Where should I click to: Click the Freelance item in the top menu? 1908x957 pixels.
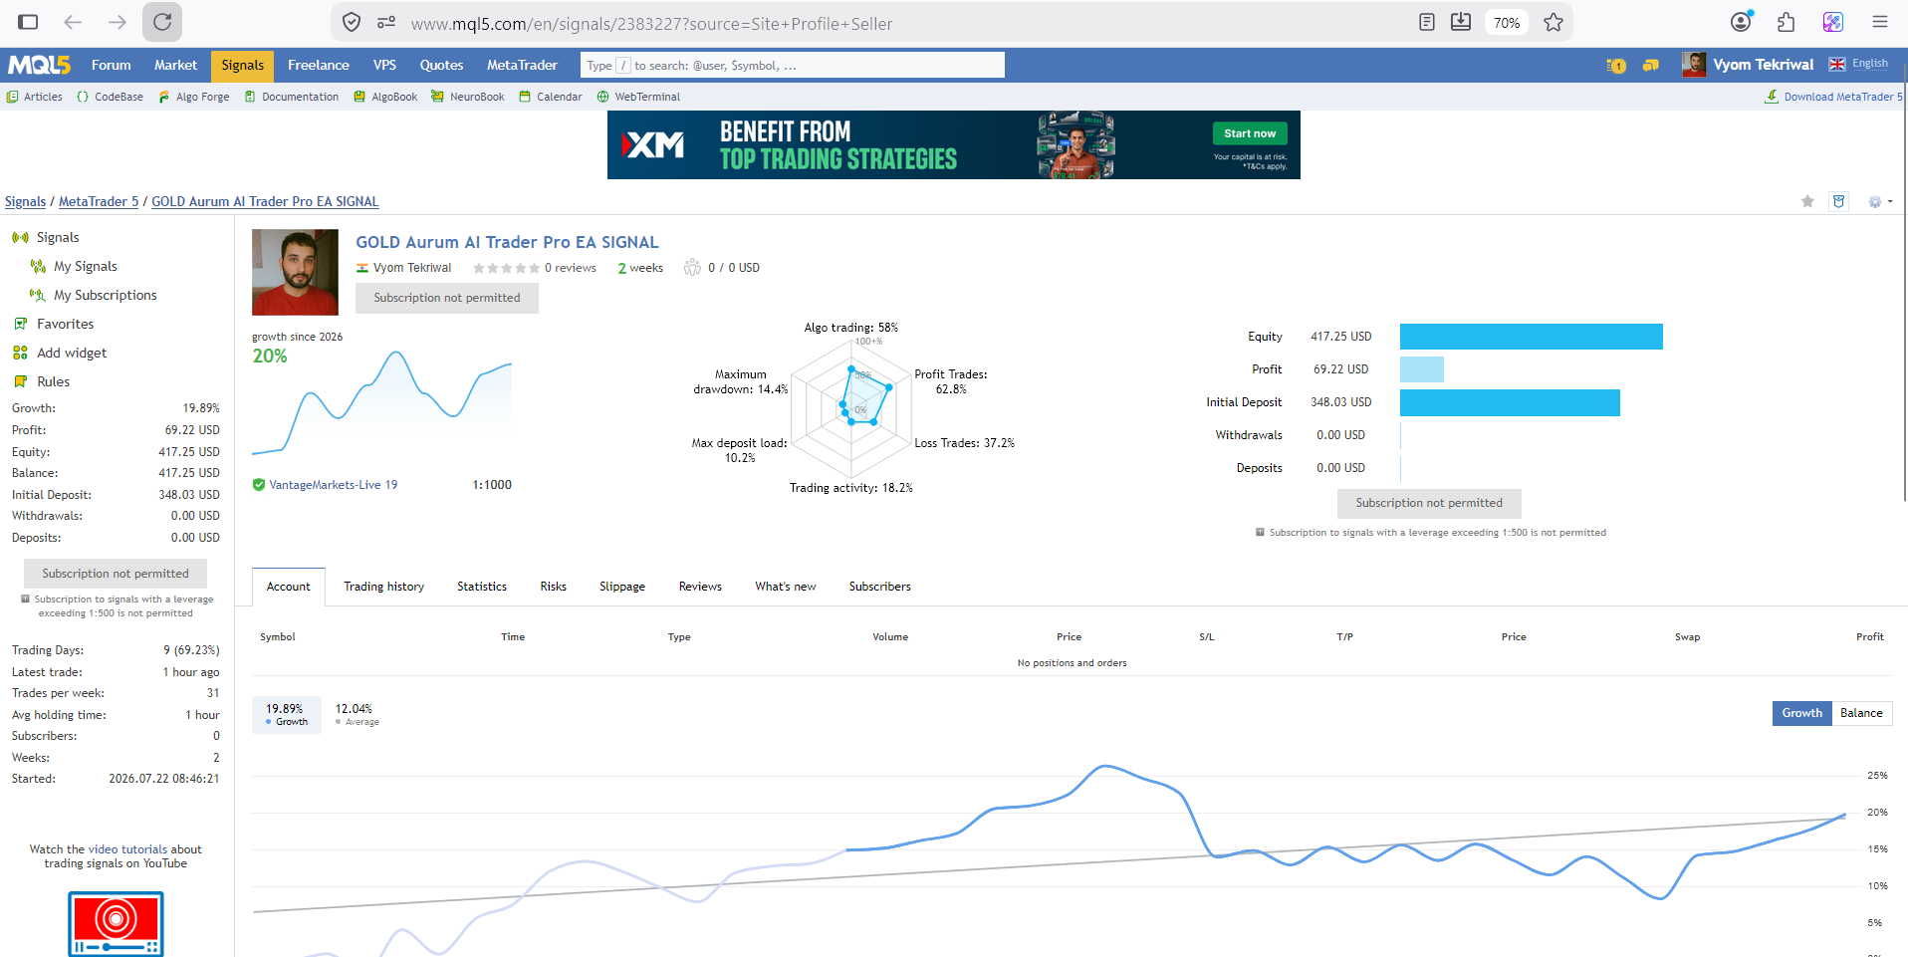(x=318, y=65)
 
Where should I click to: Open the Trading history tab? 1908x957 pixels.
(x=383, y=587)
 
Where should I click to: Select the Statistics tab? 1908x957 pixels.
(x=482, y=587)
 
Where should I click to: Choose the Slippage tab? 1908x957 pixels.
(x=622, y=587)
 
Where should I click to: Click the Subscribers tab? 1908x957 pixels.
(x=879, y=587)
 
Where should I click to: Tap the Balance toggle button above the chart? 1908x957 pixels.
(x=1861, y=713)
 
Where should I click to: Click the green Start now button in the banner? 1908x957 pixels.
(x=1250, y=133)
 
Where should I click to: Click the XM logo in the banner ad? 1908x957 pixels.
(x=653, y=145)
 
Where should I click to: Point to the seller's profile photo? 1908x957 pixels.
(x=295, y=272)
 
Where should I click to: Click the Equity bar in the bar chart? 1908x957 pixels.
(x=1532, y=337)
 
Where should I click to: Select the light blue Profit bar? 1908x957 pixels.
(x=1422, y=369)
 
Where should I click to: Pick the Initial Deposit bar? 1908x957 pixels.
(x=1510, y=402)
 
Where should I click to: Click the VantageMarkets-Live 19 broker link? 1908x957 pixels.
(x=333, y=485)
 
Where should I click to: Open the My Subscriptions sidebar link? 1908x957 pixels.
(x=105, y=295)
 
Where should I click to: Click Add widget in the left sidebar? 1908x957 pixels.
(x=71, y=353)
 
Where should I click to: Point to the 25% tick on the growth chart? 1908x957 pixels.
(x=1877, y=776)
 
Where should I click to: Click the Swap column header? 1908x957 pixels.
(x=1687, y=637)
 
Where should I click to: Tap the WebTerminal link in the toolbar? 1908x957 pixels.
(x=646, y=97)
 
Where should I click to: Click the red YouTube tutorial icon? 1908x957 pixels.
(x=116, y=924)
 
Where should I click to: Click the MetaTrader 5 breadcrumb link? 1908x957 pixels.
(x=99, y=201)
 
